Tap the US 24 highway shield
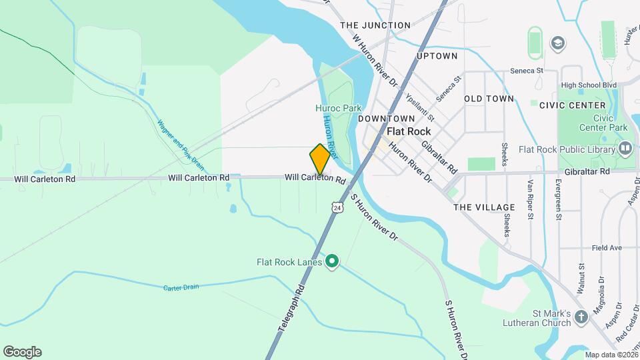tap(339, 207)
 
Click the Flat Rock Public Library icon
tap(625, 148)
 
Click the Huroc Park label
tap(338, 107)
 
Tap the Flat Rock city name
tap(409, 131)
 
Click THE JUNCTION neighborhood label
tap(375, 25)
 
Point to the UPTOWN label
tap(437, 56)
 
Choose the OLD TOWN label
tap(489, 99)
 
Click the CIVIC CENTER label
tap(572, 105)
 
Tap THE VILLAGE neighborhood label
tap(484, 207)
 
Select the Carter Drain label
tap(181, 287)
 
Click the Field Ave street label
tap(606, 248)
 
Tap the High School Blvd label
tap(589, 85)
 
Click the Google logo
tap(22, 351)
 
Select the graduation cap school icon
tap(556, 43)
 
